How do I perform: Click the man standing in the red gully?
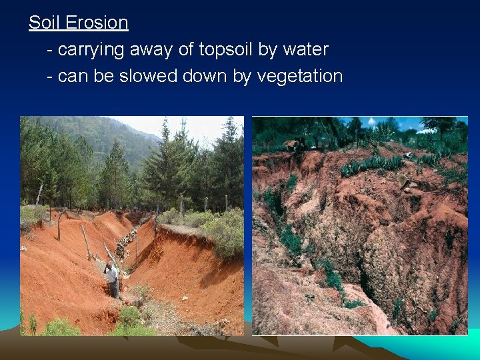click(x=113, y=280)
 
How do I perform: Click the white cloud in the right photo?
click(x=427, y=129)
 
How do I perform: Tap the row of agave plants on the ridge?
click(x=373, y=164)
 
